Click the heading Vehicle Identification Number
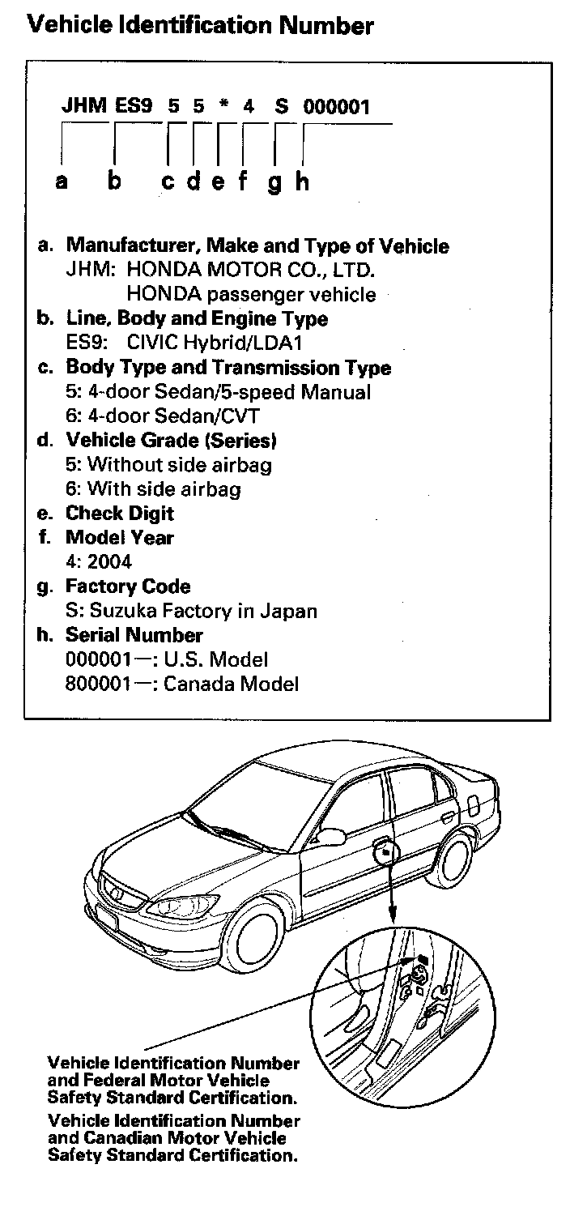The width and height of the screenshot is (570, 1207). point(201,25)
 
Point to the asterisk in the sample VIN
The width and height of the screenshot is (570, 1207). point(223,107)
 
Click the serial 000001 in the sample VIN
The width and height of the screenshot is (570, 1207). point(337,106)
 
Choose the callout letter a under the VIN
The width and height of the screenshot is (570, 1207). point(62,182)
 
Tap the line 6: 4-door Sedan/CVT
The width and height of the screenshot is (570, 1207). point(162,416)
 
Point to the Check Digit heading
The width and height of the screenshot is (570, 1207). point(119,514)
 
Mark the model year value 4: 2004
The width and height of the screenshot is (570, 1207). point(98,562)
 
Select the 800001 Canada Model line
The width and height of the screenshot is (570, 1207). point(181,684)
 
